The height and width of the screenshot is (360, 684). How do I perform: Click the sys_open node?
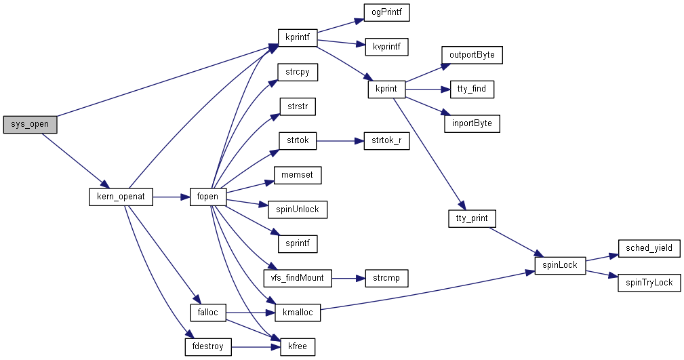click(x=30, y=125)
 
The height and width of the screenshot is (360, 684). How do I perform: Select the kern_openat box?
click(x=121, y=197)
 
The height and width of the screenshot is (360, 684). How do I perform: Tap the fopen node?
click(x=207, y=197)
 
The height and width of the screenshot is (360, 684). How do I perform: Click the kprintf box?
click(x=298, y=38)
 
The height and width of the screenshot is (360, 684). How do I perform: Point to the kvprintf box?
click(x=386, y=47)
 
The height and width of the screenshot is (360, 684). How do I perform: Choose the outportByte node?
click(x=472, y=55)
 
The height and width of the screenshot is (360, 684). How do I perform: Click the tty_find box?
click(x=472, y=89)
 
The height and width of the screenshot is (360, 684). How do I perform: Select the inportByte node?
click(x=472, y=123)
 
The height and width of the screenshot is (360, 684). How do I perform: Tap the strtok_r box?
click(x=386, y=141)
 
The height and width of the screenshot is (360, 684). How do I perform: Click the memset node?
click(x=298, y=175)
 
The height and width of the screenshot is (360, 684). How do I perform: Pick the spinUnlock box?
click(x=298, y=209)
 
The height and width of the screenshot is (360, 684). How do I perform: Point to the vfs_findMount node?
click(x=298, y=278)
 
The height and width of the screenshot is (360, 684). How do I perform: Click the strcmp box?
click(x=386, y=278)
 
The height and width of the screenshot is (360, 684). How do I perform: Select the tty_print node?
click(x=472, y=219)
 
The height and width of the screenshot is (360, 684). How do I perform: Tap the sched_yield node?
click(x=649, y=248)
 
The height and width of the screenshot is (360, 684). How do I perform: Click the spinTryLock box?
click(x=649, y=282)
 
